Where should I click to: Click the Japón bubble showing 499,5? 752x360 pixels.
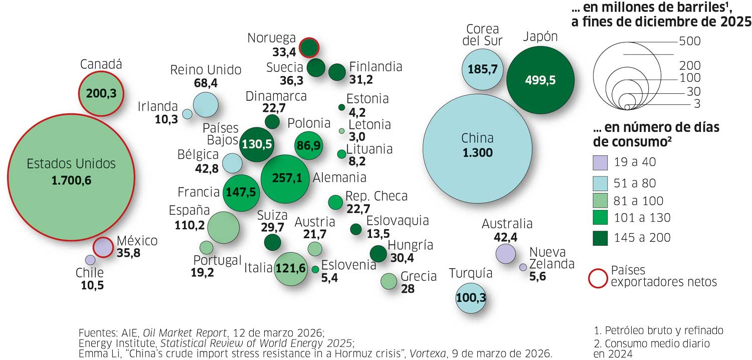click(540, 80)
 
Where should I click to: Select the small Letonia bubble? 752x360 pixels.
click(342, 131)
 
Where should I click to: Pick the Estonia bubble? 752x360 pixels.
click(341, 107)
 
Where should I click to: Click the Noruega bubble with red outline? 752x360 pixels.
click(309, 47)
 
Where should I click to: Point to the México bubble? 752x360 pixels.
click(103, 247)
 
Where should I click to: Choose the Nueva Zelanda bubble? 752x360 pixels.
click(523, 267)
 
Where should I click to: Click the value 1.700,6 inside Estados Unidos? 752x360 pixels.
click(71, 181)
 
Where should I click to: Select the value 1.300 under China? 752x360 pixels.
click(478, 153)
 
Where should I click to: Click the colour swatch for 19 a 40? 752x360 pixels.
click(600, 162)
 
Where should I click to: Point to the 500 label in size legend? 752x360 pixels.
click(689, 42)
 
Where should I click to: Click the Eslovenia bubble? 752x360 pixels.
click(315, 269)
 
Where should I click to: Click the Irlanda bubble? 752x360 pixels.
click(187, 114)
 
